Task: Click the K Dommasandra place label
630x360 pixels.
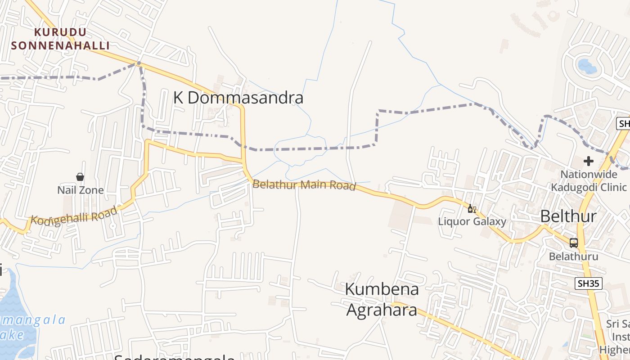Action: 238,98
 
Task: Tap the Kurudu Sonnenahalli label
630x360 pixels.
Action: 60,39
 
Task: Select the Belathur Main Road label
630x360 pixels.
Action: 304,184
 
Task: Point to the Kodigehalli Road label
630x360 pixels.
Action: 74,216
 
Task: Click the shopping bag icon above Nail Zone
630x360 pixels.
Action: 80,177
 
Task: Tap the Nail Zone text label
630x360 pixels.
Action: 80,190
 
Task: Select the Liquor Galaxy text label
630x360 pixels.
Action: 472,221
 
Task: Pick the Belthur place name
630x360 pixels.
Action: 568,216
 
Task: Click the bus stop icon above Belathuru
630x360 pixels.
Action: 574,243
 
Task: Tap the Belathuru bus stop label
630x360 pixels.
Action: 573,256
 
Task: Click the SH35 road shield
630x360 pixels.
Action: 588,283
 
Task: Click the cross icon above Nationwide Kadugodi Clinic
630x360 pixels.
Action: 589,161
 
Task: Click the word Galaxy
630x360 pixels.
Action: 490,221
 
